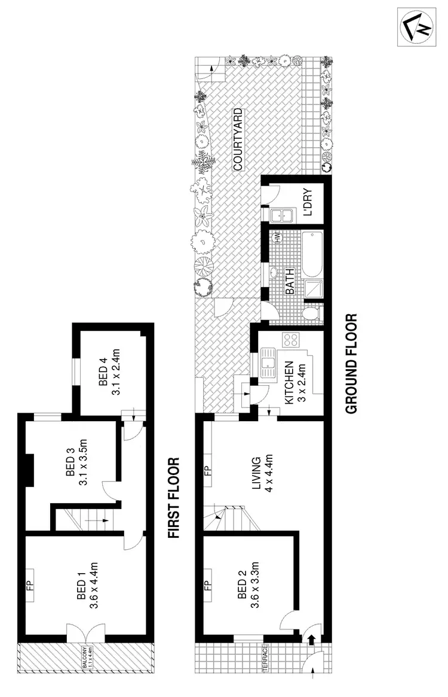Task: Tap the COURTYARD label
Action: pos(237,139)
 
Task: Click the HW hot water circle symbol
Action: pos(277,238)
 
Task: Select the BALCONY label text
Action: pos(86,656)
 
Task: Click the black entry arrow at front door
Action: pos(311,640)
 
